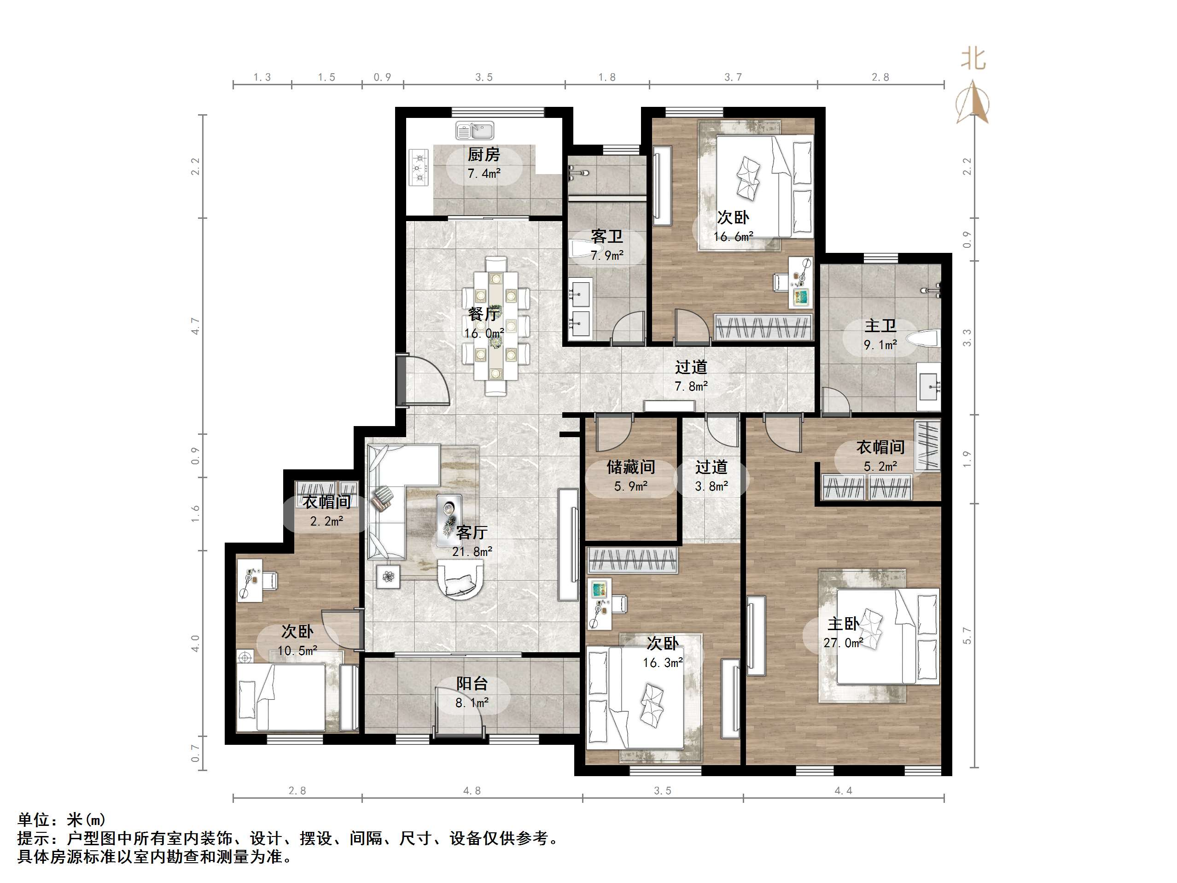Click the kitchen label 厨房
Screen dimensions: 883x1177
pyautogui.click(x=483, y=154)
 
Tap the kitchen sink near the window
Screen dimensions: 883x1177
pyautogui.click(x=475, y=130)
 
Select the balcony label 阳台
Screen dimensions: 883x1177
pyautogui.click(x=472, y=684)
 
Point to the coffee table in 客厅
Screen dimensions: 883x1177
pyautogui.click(x=449, y=520)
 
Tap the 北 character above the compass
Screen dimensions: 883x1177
pyautogui.click(x=973, y=58)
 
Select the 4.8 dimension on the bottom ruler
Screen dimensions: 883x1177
pyautogui.click(x=472, y=791)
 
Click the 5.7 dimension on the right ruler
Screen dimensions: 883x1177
pyautogui.click(x=967, y=636)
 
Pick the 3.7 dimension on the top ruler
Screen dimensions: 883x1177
pyautogui.click(x=733, y=78)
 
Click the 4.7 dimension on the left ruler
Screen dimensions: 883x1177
pyautogui.click(x=195, y=326)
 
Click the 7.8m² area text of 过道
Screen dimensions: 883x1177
pyautogui.click(x=691, y=386)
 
